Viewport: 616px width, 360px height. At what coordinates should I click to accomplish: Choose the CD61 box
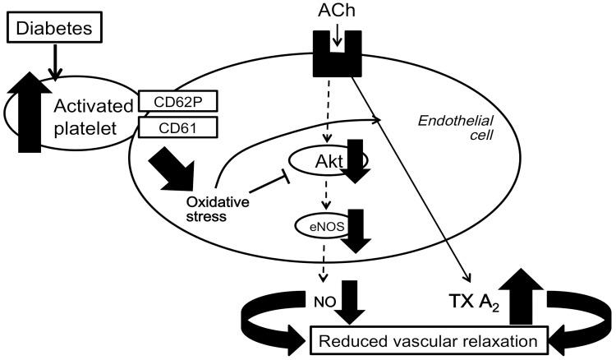coord(170,127)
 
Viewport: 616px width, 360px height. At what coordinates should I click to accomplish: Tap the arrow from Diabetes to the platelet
coord(54,64)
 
